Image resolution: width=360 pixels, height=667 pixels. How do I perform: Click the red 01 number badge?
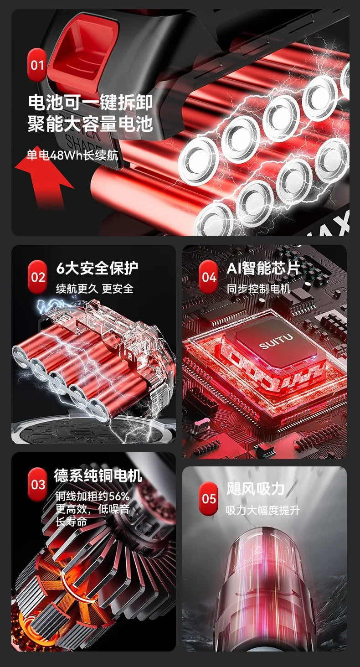(x=37, y=65)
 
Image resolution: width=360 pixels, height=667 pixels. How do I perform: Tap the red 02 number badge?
(x=38, y=277)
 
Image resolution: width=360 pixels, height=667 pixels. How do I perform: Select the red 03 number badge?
(x=38, y=484)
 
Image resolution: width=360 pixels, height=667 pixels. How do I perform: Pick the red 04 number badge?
(x=209, y=277)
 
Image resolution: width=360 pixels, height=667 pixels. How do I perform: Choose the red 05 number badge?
(x=209, y=498)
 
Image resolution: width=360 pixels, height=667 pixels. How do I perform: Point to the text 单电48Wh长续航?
(x=72, y=155)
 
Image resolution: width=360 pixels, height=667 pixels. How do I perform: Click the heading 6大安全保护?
(x=97, y=268)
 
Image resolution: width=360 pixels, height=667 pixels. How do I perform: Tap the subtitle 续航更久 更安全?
(x=94, y=289)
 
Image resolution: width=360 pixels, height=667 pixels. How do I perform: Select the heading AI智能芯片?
(x=263, y=268)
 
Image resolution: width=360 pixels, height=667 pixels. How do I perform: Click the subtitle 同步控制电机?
(x=258, y=289)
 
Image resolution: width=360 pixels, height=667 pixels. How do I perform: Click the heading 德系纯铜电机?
(x=98, y=476)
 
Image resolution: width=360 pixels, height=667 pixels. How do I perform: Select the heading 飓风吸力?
(x=256, y=489)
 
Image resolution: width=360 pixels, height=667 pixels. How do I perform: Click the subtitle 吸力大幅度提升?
(x=263, y=510)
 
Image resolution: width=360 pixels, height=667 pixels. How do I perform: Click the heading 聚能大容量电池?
(x=90, y=124)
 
